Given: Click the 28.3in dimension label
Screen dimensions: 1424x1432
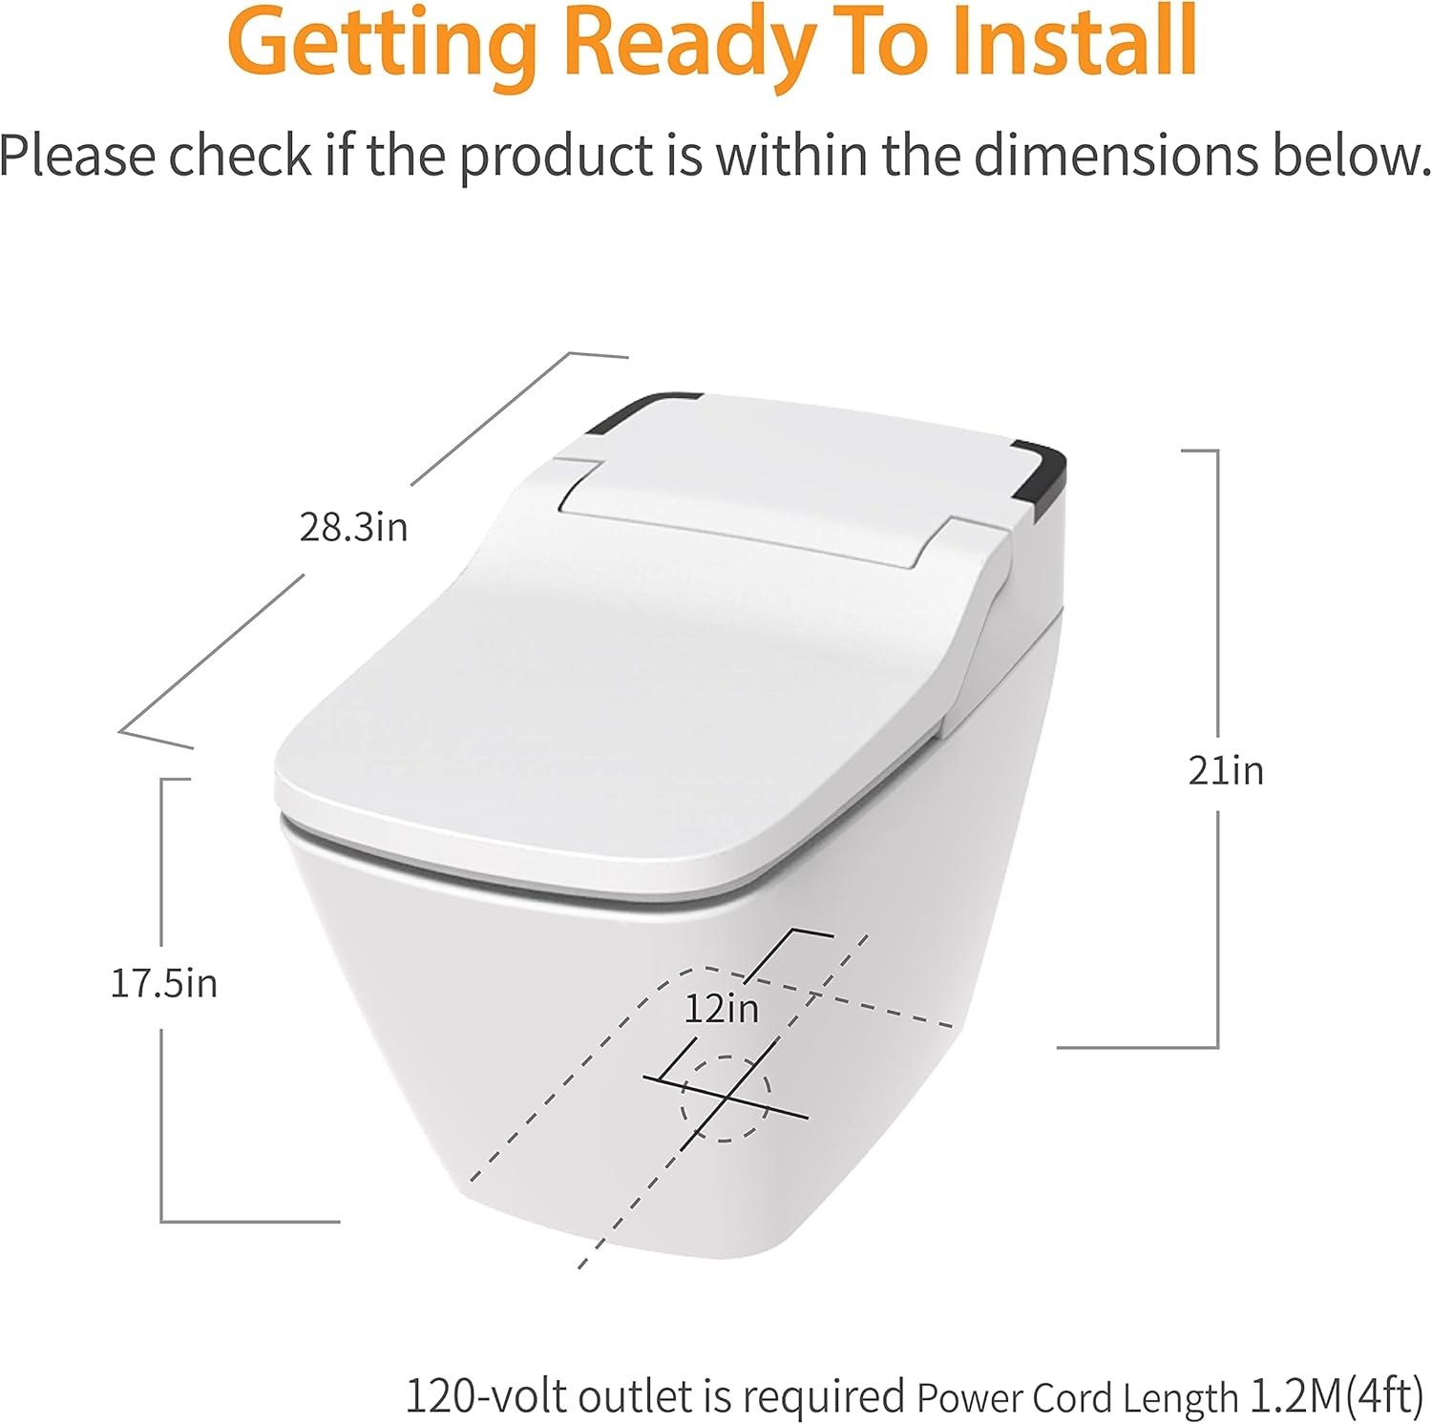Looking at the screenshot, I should (353, 527).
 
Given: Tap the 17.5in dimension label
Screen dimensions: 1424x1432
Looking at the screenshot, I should (164, 983).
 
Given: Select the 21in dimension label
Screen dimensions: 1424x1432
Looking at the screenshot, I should (1226, 770).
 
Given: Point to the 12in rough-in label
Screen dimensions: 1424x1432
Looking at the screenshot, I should (721, 1009).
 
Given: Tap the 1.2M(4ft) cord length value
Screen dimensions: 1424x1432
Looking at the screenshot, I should (1337, 1395).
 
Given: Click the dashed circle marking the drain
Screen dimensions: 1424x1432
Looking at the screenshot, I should (725, 1099).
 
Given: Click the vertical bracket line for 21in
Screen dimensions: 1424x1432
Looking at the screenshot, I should (1218, 620).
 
